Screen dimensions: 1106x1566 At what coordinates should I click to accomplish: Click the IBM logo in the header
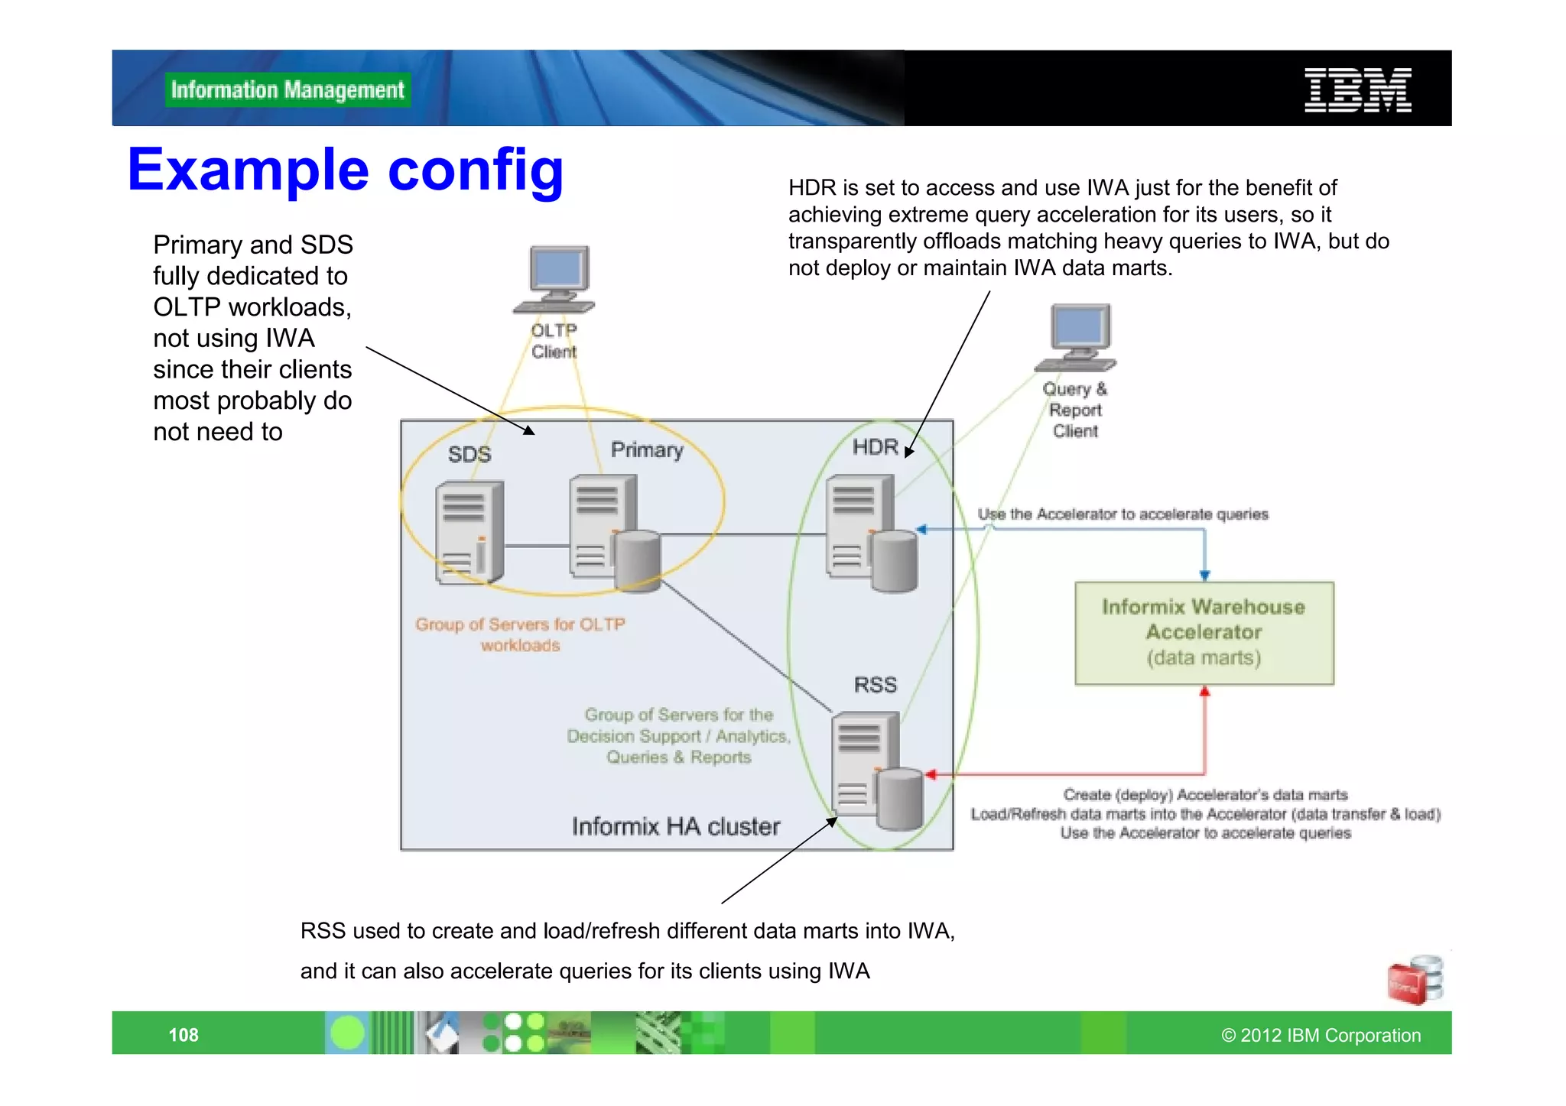point(1357,90)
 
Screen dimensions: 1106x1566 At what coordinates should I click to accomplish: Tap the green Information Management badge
point(288,90)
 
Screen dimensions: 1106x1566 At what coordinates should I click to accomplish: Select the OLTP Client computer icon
point(556,280)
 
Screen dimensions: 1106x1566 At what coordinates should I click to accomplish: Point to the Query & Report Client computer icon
point(1077,337)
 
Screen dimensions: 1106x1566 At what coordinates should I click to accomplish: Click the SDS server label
point(469,454)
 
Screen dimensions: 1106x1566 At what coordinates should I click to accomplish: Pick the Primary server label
point(647,449)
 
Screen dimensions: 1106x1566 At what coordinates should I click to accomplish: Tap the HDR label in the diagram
point(875,447)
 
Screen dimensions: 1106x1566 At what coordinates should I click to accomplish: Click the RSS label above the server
point(875,685)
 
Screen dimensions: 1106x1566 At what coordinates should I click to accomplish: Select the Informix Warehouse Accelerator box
point(1204,633)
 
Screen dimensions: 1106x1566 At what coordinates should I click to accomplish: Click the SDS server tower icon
point(469,532)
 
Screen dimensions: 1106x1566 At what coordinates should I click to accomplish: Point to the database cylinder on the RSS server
point(900,800)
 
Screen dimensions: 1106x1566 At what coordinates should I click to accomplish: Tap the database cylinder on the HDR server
point(894,563)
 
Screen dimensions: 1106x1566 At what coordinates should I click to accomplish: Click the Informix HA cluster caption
point(676,826)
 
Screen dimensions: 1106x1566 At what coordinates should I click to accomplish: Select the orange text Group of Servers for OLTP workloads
point(520,634)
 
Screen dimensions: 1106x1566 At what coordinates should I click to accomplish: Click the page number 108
point(184,1035)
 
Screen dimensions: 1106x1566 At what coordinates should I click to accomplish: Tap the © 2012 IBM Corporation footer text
point(1321,1035)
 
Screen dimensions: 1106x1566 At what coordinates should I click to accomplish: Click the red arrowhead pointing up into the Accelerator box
point(1204,692)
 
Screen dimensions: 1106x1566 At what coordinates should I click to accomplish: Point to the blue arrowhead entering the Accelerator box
point(1204,576)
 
